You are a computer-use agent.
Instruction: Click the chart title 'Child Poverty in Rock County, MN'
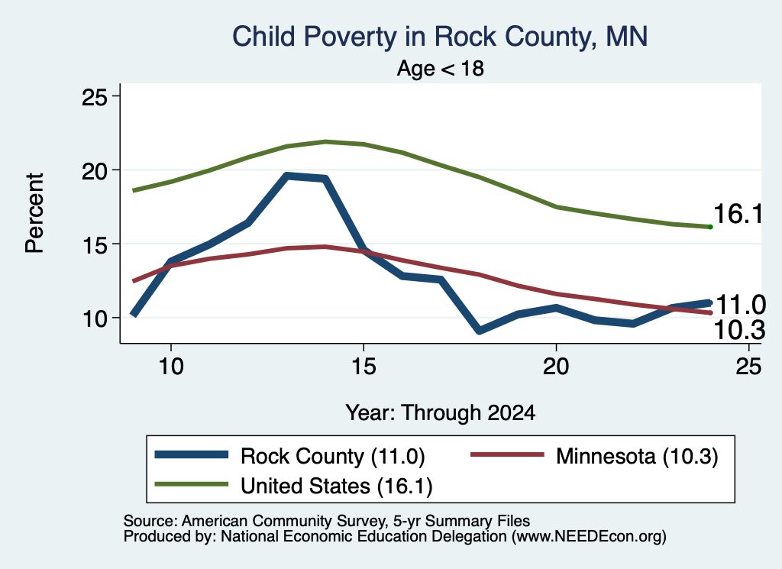coord(440,37)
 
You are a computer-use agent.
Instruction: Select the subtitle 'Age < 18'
coord(441,68)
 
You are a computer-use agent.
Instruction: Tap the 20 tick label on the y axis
coord(95,170)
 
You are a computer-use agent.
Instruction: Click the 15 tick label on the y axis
coord(95,244)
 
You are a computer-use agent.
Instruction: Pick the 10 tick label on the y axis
coord(95,318)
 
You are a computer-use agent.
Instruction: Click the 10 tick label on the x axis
coord(171,367)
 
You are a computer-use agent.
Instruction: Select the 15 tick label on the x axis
coord(364,367)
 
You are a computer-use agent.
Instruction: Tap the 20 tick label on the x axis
coord(556,367)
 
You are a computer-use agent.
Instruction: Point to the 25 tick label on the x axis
coord(748,367)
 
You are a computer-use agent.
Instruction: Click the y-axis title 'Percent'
coord(34,213)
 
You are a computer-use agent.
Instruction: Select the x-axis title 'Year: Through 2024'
coord(441,413)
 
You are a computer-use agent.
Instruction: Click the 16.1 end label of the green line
coord(738,214)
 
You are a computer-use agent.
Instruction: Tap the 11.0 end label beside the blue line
coord(741,304)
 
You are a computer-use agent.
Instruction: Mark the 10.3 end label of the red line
coord(739,330)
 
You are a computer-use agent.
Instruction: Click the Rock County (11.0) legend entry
coord(289,456)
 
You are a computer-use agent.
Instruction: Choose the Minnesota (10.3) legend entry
coord(594,456)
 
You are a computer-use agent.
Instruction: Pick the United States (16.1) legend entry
coord(294,486)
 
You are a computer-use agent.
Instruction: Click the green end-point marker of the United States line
coord(710,227)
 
